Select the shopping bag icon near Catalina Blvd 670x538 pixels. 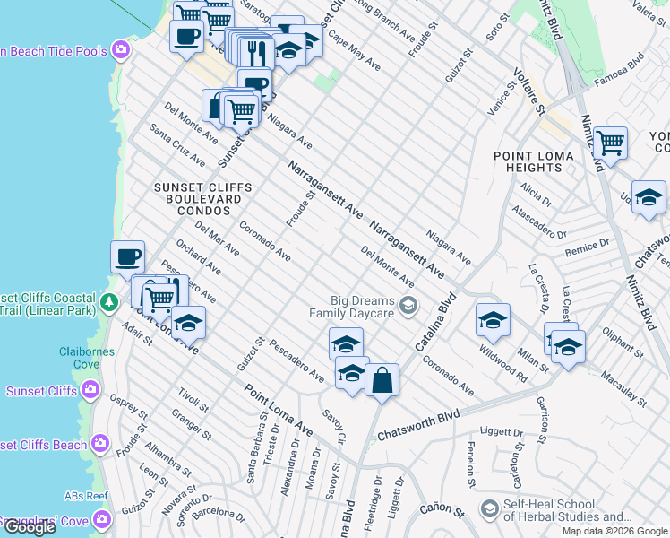point(382,380)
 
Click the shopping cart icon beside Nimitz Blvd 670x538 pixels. point(610,143)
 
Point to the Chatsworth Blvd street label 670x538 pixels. point(418,425)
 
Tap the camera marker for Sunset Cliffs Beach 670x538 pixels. point(100,443)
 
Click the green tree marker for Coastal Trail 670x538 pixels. point(109,301)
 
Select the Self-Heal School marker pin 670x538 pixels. point(489,509)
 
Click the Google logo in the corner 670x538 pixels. point(29,527)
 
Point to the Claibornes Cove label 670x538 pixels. point(87,358)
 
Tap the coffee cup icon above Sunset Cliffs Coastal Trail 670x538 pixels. point(127,256)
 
